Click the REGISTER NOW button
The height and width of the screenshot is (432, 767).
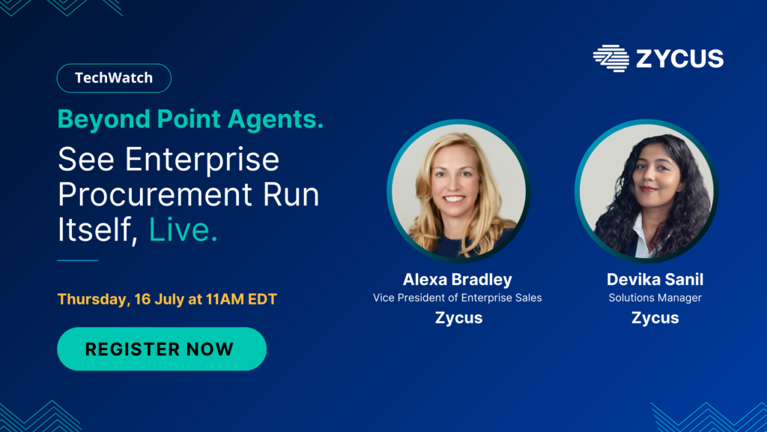coord(162,349)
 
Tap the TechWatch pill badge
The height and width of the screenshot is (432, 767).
coord(114,78)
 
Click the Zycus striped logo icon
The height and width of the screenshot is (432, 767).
coord(611,58)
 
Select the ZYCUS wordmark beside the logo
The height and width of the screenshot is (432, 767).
coord(680,58)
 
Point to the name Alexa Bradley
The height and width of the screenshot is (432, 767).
coord(458,279)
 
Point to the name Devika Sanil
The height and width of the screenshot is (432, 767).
coord(655,279)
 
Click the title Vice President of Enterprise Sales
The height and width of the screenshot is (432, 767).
coord(458,298)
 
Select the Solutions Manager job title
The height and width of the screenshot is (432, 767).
coord(655,298)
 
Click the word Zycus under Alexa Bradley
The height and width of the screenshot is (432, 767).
coord(459,318)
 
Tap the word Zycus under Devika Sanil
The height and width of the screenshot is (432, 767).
coord(655,318)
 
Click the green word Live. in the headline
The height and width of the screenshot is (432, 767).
coord(183,229)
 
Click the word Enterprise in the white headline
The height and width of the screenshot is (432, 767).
coord(202,160)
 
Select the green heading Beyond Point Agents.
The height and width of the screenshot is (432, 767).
coord(190,119)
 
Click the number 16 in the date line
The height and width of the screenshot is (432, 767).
coord(142,298)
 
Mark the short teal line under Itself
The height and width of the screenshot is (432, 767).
coord(78,260)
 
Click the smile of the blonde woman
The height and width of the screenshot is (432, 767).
coord(455,199)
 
